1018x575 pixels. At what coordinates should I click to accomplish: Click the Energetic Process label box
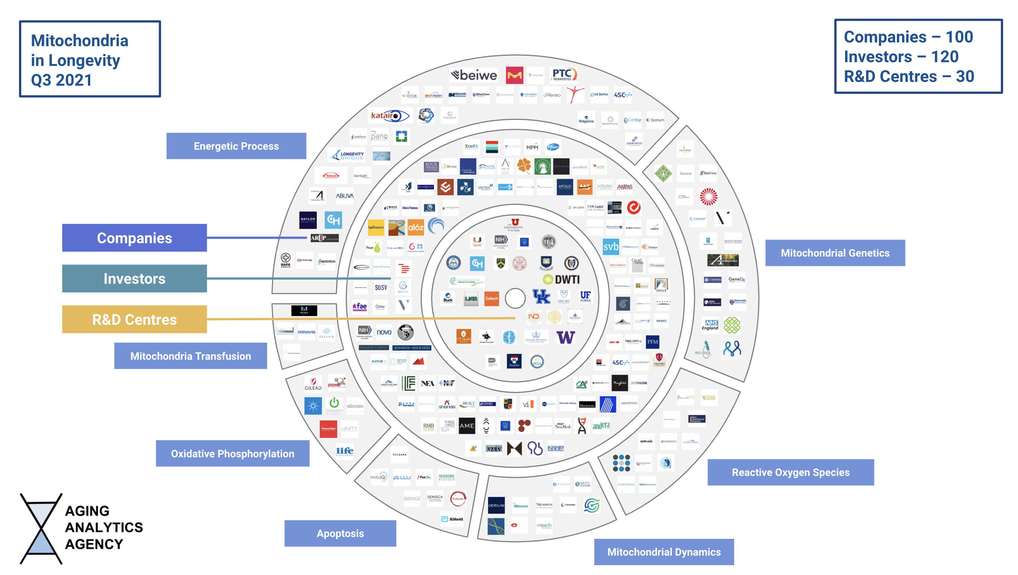[x=236, y=146]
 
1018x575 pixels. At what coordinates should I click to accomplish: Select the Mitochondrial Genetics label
[x=835, y=253]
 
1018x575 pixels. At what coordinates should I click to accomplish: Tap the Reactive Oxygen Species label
[x=790, y=472]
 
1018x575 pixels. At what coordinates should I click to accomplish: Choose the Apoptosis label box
[x=340, y=533]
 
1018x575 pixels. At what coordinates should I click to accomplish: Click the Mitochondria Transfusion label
[x=190, y=356]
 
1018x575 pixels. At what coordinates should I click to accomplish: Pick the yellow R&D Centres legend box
[x=135, y=319]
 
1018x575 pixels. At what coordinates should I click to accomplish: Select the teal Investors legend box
[x=135, y=279]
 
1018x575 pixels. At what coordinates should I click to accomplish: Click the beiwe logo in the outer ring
[x=474, y=74]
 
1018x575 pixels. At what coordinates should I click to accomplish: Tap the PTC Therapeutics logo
[x=563, y=74]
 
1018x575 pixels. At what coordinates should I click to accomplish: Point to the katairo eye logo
[x=390, y=116]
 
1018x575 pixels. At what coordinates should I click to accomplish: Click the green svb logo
[x=611, y=247]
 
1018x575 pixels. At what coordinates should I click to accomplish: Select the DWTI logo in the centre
[x=562, y=280]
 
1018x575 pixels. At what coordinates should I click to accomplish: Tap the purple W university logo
[x=566, y=338]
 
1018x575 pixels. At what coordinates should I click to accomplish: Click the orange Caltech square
[x=491, y=299]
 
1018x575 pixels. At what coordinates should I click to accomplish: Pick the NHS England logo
[x=710, y=325]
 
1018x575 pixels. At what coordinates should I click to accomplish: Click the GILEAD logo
[x=313, y=384]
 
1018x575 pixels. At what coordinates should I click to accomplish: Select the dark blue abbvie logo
[x=496, y=505]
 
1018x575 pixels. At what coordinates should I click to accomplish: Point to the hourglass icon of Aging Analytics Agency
[x=41, y=528]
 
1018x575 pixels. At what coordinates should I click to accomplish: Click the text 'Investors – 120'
[x=901, y=57]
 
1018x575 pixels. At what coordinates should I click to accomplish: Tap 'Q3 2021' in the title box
[x=61, y=80]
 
